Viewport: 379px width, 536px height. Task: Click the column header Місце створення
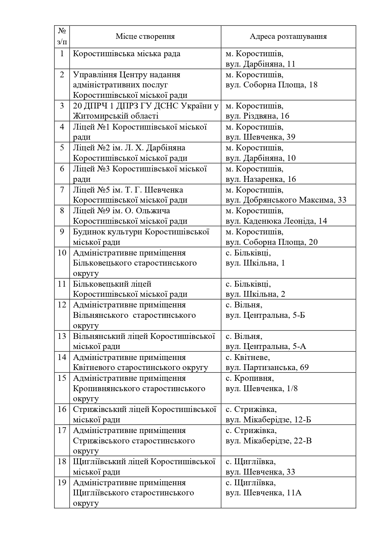click(x=145, y=36)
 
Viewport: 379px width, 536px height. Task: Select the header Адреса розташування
click(x=288, y=36)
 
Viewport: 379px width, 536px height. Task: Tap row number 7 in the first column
click(x=62, y=190)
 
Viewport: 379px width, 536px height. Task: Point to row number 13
click(x=62, y=336)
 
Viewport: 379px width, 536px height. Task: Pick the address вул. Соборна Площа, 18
click(x=271, y=85)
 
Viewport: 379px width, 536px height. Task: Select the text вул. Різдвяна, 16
click(x=257, y=116)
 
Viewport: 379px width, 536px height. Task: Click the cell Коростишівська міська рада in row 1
click(x=126, y=54)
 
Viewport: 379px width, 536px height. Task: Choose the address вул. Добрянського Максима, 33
click(x=286, y=200)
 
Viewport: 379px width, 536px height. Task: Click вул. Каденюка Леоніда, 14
click(x=276, y=221)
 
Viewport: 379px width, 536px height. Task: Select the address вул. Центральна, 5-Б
click(x=265, y=315)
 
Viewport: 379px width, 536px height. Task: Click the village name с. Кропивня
click(x=250, y=378)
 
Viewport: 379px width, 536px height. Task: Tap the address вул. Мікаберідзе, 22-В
click(x=268, y=441)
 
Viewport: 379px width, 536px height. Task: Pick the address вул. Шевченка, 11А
click(x=263, y=493)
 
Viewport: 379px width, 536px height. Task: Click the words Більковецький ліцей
click(x=112, y=284)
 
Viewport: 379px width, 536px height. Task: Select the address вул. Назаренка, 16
click(x=261, y=179)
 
